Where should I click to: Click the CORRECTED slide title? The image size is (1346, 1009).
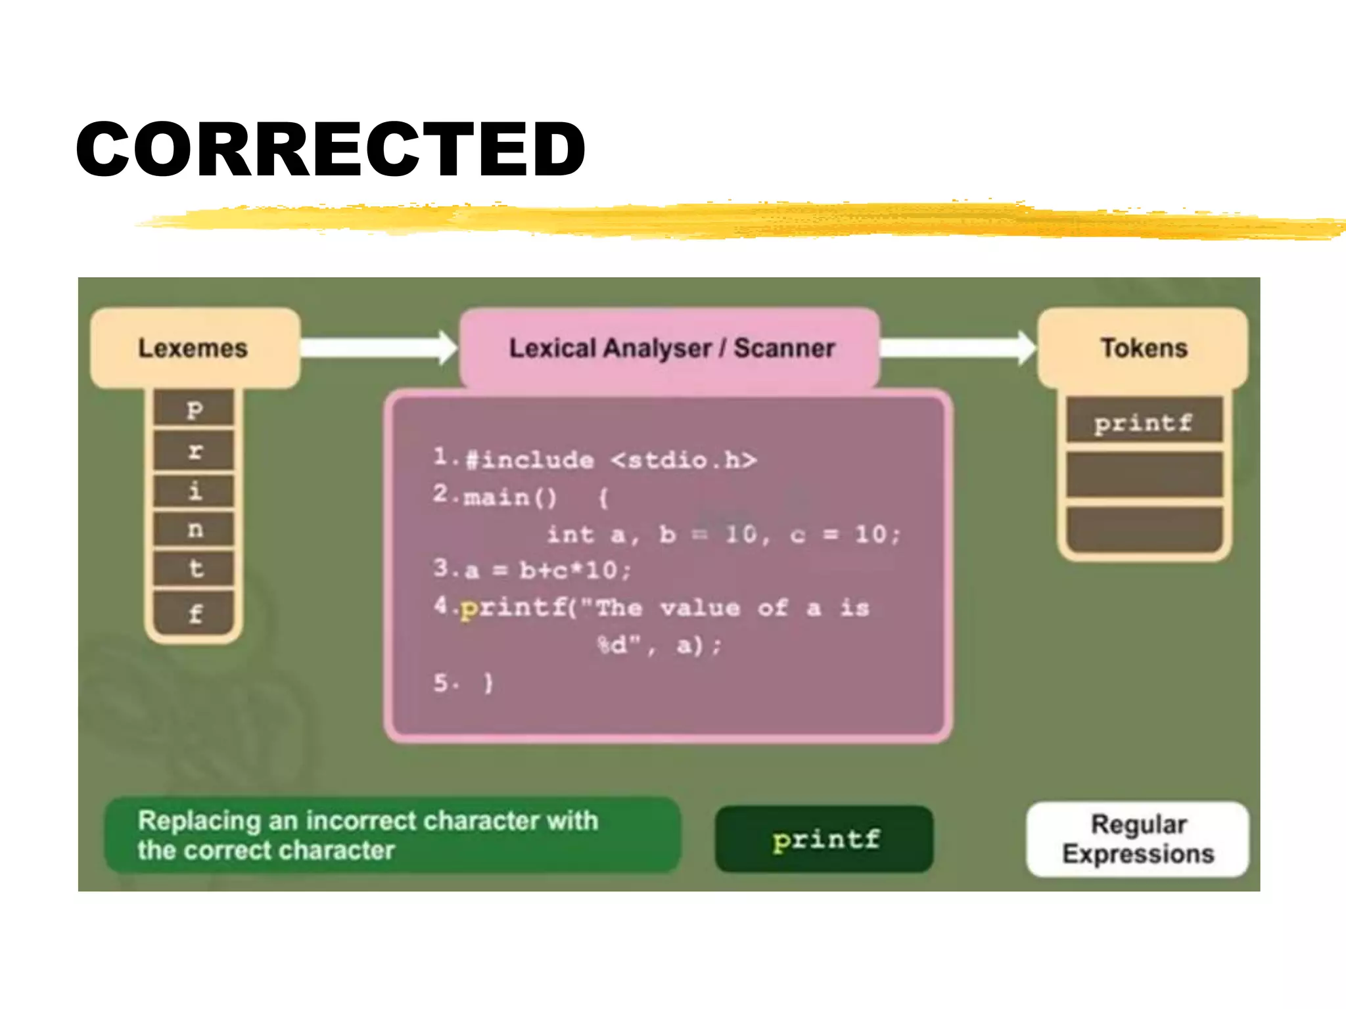pyautogui.click(x=331, y=150)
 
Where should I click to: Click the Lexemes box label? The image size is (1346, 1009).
pyautogui.click(x=193, y=348)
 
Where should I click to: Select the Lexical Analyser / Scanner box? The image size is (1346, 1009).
pyautogui.click(x=670, y=348)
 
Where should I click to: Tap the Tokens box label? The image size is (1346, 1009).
pyautogui.click(x=1144, y=348)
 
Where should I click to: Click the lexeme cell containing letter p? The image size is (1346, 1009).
pyautogui.click(x=194, y=409)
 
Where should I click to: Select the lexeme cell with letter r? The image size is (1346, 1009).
pyautogui.click(x=194, y=451)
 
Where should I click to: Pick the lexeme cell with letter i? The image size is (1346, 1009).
pyautogui.click(x=194, y=490)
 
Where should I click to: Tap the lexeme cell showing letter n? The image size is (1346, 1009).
pyautogui.click(x=194, y=529)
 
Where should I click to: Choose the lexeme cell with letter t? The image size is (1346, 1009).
pyautogui.click(x=194, y=568)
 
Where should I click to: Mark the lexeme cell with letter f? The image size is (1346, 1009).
pyautogui.click(x=194, y=614)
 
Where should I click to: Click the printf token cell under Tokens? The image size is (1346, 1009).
pyautogui.click(x=1144, y=422)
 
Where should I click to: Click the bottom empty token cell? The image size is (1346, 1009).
pyautogui.click(x=1144, y=529)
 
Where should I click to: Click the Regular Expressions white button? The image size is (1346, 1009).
pyautogui.click(x=1138, y=839)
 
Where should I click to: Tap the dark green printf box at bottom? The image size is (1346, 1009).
pyautogui.click(x=824, y=839)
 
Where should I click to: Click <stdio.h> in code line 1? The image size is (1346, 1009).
pyautogui.click(x=684, y=460)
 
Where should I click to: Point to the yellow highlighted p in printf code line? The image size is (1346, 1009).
pyautogui.click(x=468, y=608)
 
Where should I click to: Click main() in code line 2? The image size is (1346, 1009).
pyautogui.click(x=510, y=497)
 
